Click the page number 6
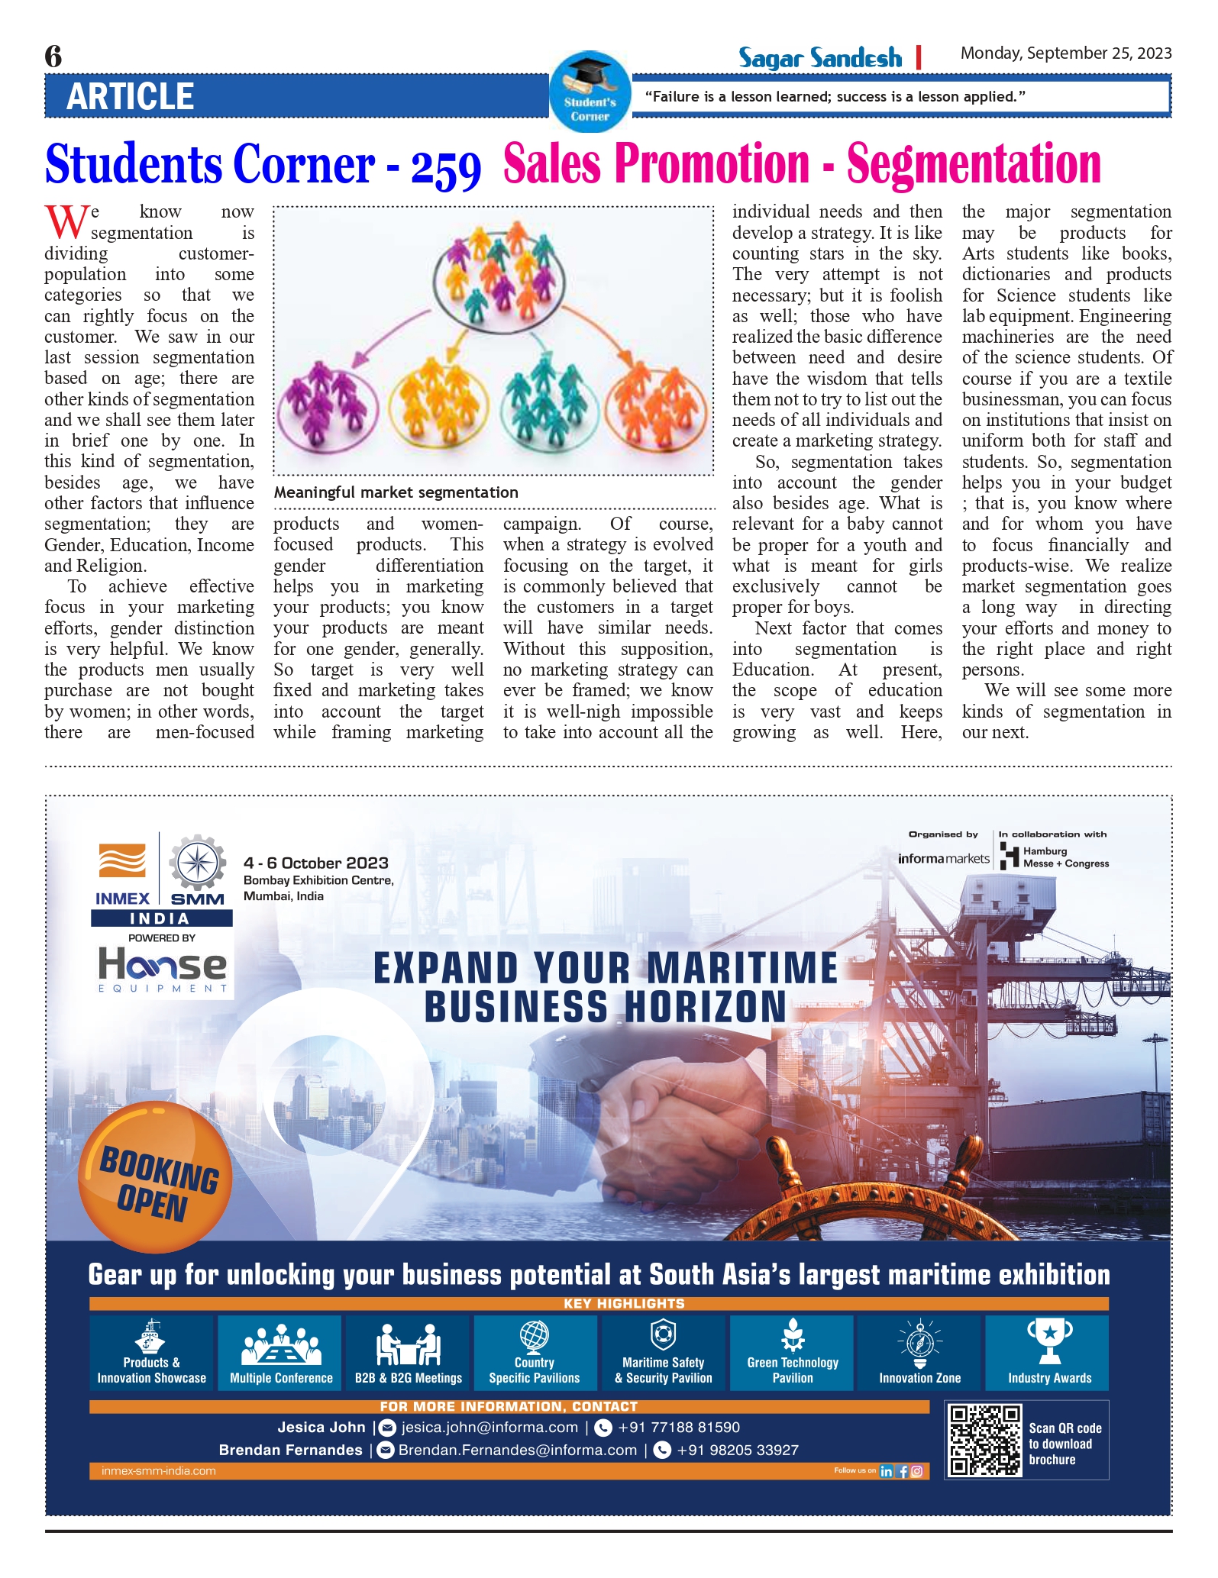click(53, 56)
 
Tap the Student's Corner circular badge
click(590, 92)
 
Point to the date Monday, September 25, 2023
click(1065, 53)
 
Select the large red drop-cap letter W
click(66, 222)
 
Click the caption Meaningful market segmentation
click(396, 492)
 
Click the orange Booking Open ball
click(156, 1176)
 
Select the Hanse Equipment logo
click(162, 969)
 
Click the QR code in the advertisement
click(984, 1440)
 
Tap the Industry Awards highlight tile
click(1049, 1352)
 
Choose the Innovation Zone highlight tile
click(919, 1352)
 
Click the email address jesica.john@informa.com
click(489, 1428)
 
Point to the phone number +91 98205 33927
click(737, 1450)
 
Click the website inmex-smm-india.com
click(158, 1470)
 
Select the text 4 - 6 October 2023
click(316, 863)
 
